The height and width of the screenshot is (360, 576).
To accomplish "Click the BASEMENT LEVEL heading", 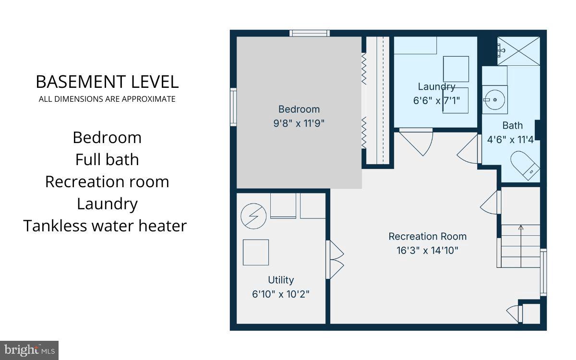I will [107, 82].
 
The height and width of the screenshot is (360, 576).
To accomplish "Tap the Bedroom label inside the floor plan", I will [299, 109].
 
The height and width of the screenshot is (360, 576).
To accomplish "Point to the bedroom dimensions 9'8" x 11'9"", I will [299, 123].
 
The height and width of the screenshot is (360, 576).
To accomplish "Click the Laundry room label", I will [436, 86].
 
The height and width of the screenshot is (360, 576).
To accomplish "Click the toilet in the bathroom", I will [525, 165].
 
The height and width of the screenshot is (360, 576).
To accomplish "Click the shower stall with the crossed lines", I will [518, 51].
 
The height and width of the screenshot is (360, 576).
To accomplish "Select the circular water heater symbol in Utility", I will [253, 216].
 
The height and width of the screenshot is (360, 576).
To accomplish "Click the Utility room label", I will [281, 280].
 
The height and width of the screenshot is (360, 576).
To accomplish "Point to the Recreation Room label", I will [427, 236].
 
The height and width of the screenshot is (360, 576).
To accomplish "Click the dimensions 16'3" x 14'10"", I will [427, 250].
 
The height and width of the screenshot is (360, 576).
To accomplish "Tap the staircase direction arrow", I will [521, 228].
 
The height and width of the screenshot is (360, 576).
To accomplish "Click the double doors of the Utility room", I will [335, 260].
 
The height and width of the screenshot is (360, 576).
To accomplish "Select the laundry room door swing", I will [416, 142].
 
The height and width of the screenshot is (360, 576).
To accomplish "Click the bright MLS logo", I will [29, 350].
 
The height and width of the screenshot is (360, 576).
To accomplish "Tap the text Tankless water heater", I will [105, 225].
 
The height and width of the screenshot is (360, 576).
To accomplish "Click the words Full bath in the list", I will [107, 159].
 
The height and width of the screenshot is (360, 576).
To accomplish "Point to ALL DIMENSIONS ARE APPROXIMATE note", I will [107, 99].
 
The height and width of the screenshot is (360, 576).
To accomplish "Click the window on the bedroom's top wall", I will [310, 33].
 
